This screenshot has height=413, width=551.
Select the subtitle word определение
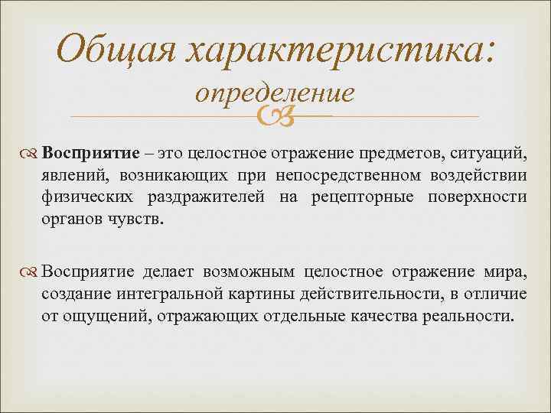tap(274, 93)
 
